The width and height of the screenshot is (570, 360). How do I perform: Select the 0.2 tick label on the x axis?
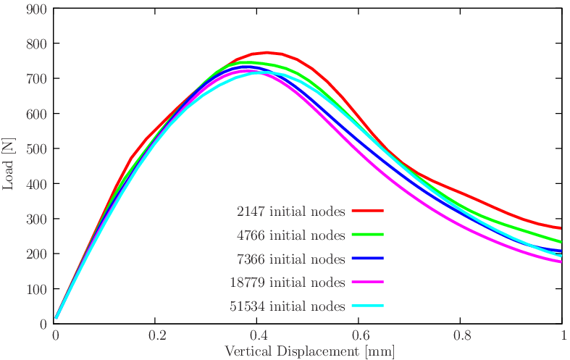[x=156, y=336]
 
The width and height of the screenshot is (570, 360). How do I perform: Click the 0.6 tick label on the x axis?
[x=359, y=336]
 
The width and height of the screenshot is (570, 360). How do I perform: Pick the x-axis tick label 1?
[x=562, y=336]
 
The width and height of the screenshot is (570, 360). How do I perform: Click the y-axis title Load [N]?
[x=9, y=166]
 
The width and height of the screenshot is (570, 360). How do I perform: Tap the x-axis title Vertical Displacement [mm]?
[x=309, y=351]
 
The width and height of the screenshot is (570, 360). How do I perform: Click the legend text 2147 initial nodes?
[x=290, y=212]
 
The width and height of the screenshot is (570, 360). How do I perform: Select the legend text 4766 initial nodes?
[x=290, y=235]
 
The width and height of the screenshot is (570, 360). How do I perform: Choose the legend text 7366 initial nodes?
[x=290, y=259]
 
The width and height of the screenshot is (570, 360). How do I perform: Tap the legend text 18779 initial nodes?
[x=288, y=282]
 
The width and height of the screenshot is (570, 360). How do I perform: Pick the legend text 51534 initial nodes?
[x=288, y=306]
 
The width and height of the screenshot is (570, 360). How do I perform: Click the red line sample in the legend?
[x=367, y=211]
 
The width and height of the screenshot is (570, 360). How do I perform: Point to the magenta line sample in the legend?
[x=367, y=282]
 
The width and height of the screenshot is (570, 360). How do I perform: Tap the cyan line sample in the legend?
[x=367, y=306]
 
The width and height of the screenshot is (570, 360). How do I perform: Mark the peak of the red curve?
[x=267, y=52]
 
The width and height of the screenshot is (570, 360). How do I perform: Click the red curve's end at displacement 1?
[x=561, y=228]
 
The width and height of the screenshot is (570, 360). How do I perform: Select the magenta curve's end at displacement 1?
[x=561, y=262]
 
